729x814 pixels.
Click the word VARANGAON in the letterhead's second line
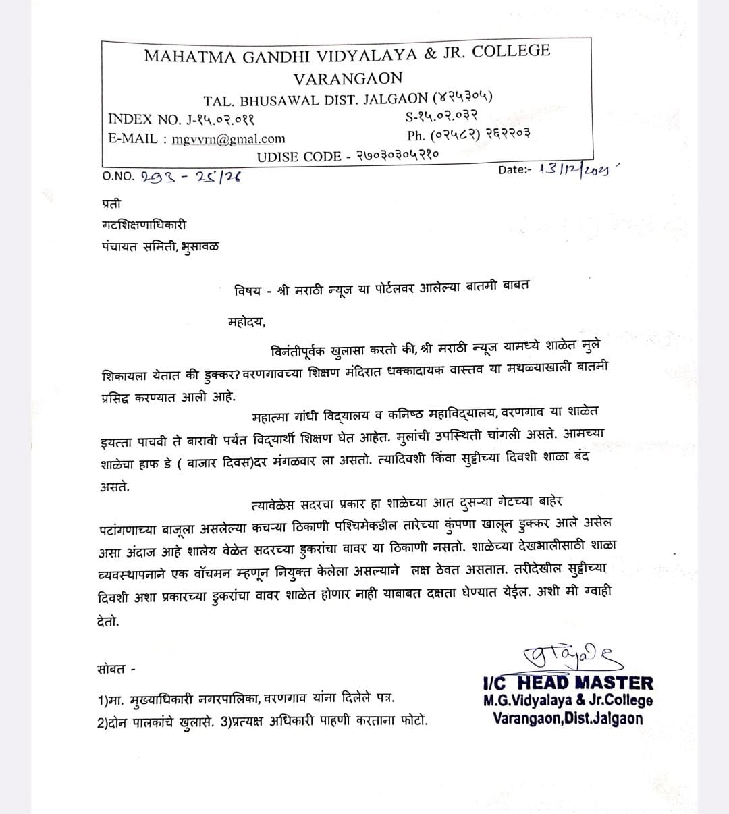pos(348,78)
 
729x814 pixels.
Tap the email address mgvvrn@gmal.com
pos(228,139)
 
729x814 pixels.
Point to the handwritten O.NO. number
pos(192,177)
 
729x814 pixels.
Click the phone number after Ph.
pos(480,134)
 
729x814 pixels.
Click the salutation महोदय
pos(247,321)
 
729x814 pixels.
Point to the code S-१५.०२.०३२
pos(441,117)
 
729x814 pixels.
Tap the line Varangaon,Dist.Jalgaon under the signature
pos(568,717)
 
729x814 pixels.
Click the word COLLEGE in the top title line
pos(511,51)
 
